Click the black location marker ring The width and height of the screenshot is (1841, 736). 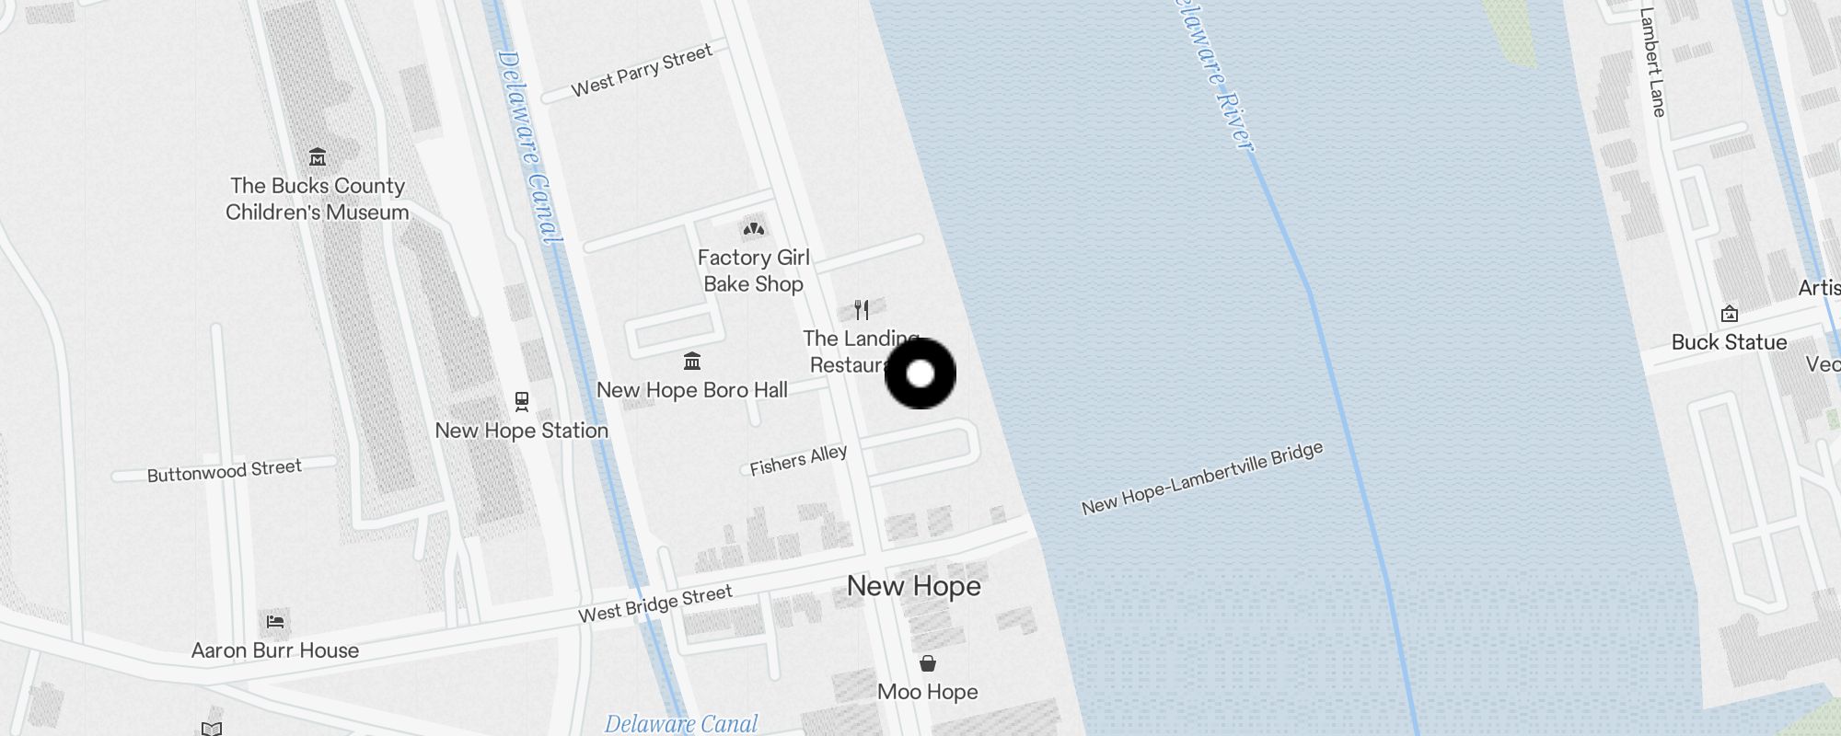click(920, 374)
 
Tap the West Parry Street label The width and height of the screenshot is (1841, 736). click(642, 70)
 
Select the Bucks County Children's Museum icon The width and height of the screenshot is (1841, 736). click(318, 156)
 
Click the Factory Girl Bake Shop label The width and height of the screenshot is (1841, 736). click(753, 270)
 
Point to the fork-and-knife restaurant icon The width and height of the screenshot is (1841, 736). click(862, 309)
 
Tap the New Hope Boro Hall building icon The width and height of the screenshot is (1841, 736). click(692, 361)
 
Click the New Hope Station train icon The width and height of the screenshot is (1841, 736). click(522, 401)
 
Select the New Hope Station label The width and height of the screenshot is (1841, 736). click(521, 431)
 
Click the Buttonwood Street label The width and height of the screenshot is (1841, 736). click(225, 471)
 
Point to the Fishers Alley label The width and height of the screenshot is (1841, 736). click(798, 460)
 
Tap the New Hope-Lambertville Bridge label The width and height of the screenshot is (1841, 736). click(1202, 478)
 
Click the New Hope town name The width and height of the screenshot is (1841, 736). click(913, 586)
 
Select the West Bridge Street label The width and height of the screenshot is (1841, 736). click(655, 604)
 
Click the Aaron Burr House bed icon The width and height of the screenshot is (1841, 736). click(274, 622)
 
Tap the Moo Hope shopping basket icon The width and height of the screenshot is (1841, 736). click(928, 663)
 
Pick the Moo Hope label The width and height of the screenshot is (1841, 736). click(928, 692)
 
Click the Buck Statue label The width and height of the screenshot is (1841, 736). click(1729, 342)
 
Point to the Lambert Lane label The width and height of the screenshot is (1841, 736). click(1653, 63)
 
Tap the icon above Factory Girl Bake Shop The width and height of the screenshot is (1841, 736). click(754, 228)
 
